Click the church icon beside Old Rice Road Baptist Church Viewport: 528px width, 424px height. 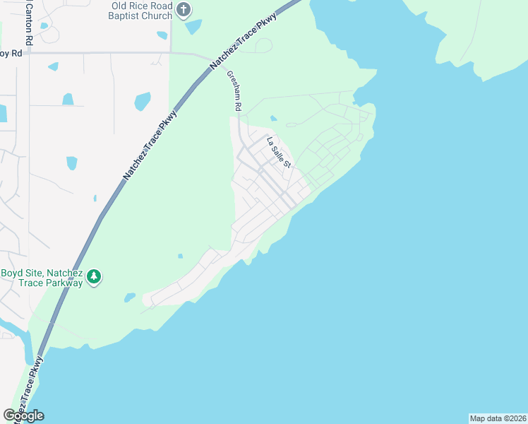pos(184,11)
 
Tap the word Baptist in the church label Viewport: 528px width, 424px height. pos(133,16)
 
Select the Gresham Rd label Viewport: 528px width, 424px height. pos(234,90)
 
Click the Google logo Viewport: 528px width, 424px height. pos(23,415)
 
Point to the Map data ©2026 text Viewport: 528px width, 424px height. pos(498,418)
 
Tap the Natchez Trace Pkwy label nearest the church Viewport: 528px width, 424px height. pos(244,42)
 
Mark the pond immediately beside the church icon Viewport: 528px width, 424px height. pos(193,27)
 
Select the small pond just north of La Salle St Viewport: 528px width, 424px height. pos(273,119)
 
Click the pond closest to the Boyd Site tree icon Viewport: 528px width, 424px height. pos(129,298)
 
